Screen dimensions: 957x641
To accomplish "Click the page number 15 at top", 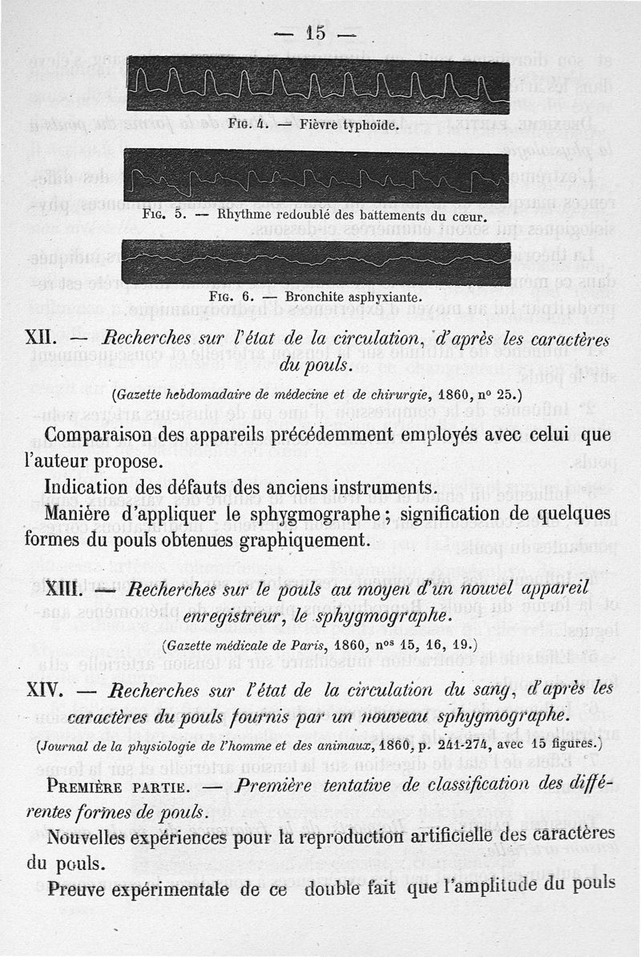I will coord(314,33).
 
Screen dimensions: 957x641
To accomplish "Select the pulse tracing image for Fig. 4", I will coord(317,87).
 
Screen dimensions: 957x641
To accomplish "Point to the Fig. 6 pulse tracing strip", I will coord(316,262).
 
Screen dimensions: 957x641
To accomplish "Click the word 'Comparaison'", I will coord(105,436).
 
